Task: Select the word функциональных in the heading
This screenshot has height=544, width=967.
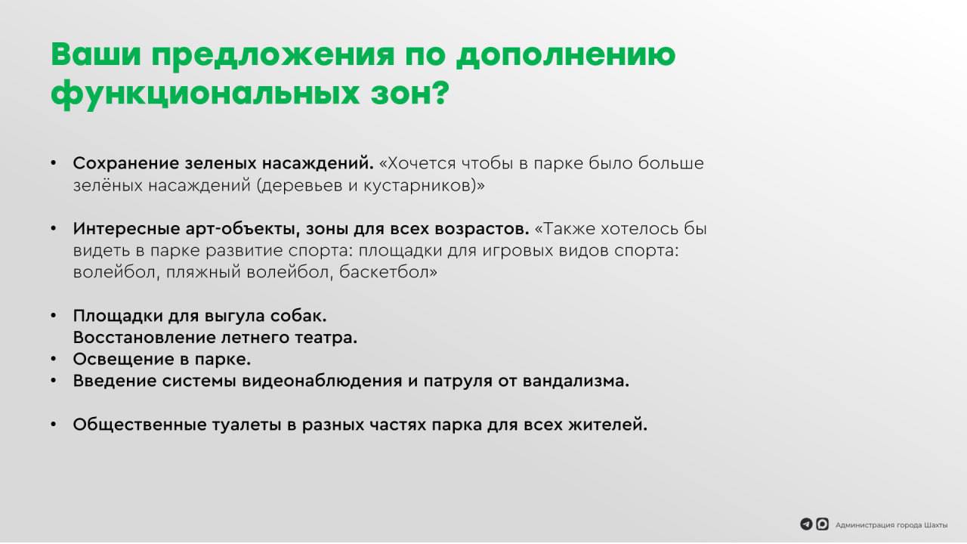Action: [x=205, y=94]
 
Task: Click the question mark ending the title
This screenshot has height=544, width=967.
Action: [x=440, y=91]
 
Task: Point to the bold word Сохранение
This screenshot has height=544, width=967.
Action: [x=125, y=163]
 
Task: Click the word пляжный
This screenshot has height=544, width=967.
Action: [x=203, y=273]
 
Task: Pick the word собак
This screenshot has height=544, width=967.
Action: [x=298, y=316]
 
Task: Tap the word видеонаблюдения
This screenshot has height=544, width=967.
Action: [x=322, y=382]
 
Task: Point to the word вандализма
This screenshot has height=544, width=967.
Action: [x=576, y=382]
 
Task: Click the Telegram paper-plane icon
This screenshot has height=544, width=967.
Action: [x=806, y=524]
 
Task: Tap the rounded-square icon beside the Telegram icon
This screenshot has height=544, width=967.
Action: [x=823, y=524]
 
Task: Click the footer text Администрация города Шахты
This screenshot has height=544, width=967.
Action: [x=891, y=525]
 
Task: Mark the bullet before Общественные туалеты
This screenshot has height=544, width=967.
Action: [x=54, y=425]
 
